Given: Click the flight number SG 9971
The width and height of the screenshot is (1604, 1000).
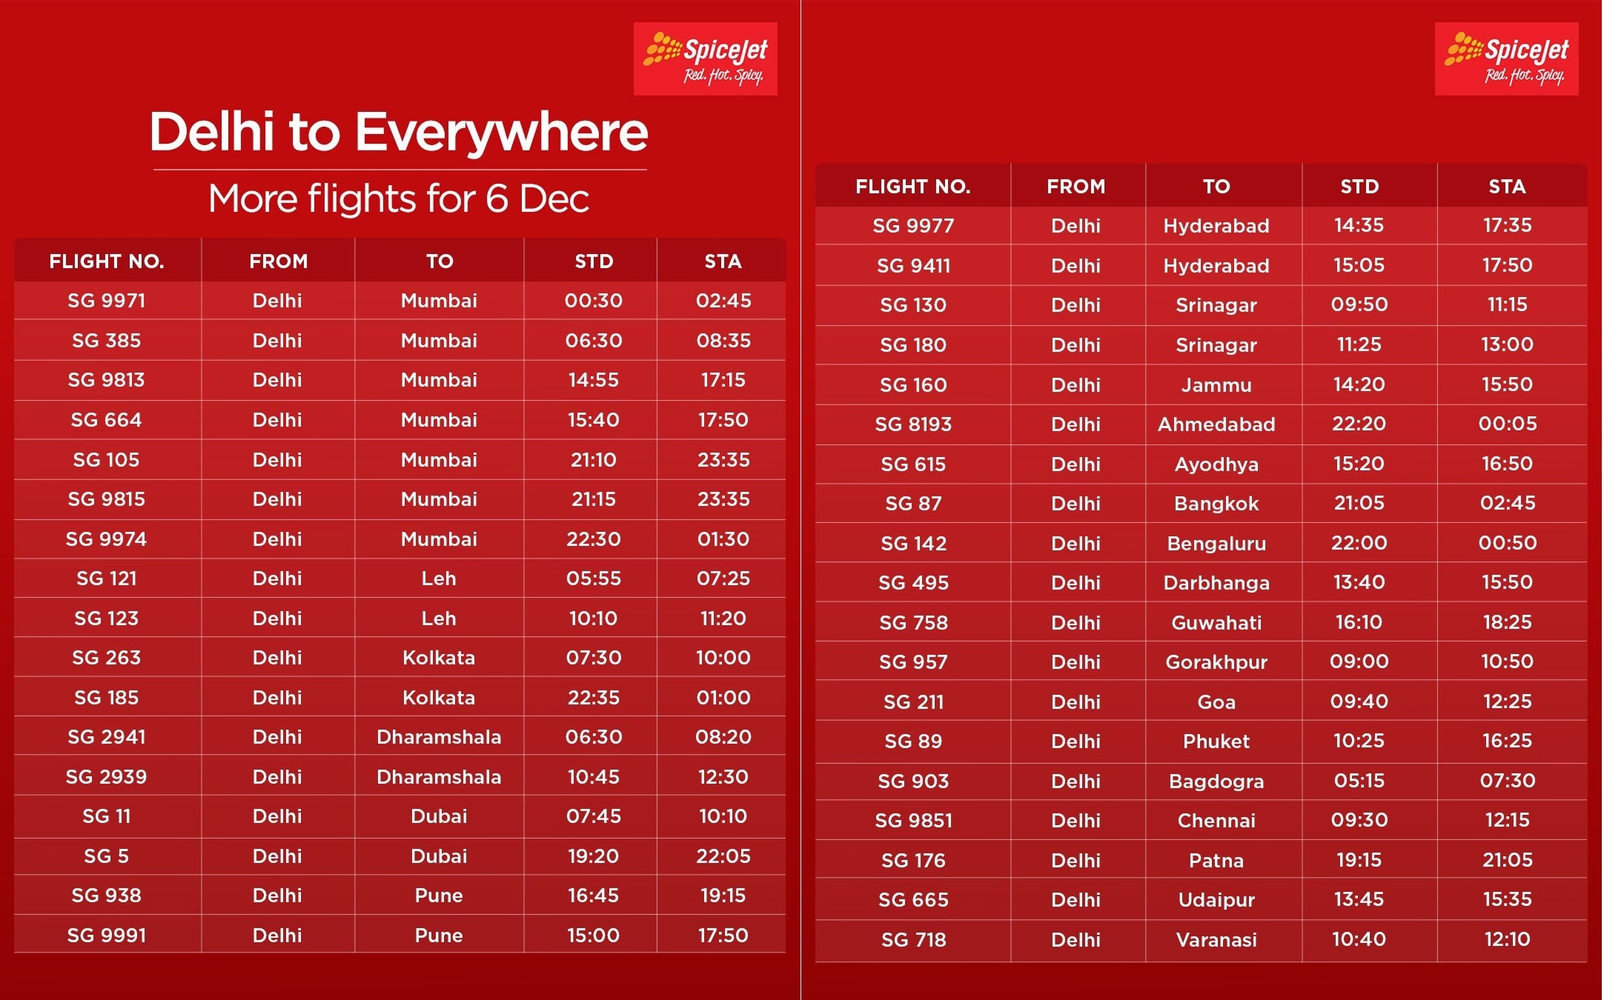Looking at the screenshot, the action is pos(107,301).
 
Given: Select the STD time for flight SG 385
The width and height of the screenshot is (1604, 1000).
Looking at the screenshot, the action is pos(593,341).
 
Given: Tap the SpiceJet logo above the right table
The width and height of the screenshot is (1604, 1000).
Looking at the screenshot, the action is pos(1506,59).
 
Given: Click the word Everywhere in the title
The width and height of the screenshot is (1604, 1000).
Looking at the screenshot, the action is pos(502,133).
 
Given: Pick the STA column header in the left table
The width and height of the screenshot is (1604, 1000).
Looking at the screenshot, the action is pos(723,261).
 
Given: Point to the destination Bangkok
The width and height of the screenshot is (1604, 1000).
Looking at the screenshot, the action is pos(1216,504).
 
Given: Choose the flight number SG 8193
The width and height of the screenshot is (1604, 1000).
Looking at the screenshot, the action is pos(913,424).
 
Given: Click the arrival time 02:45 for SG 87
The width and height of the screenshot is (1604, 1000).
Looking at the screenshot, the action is pos(1508,503).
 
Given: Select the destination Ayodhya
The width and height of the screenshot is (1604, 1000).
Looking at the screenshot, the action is pos(1216,464).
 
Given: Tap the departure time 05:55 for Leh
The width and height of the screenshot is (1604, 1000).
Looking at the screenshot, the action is pos(593,579).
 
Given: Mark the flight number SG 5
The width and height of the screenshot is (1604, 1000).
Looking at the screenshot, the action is pos(107,856).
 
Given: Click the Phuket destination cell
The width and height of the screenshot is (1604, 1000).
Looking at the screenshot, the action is pos(1216,741).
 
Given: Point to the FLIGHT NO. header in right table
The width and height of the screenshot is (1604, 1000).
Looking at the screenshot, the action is pos(913,187).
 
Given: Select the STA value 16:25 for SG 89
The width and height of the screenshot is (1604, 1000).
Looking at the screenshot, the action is pos(1508,741).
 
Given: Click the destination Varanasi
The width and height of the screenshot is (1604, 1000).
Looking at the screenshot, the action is pos(1216,940).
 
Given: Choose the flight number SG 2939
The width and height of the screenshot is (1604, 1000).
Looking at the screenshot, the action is pos(107,777).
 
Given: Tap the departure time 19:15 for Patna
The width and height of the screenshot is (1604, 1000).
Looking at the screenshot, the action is pos(1359,860).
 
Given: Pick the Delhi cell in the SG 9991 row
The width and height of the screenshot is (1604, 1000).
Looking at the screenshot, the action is pos(277,936).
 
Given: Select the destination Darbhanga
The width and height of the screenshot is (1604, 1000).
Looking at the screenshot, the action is pos(1216,583).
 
